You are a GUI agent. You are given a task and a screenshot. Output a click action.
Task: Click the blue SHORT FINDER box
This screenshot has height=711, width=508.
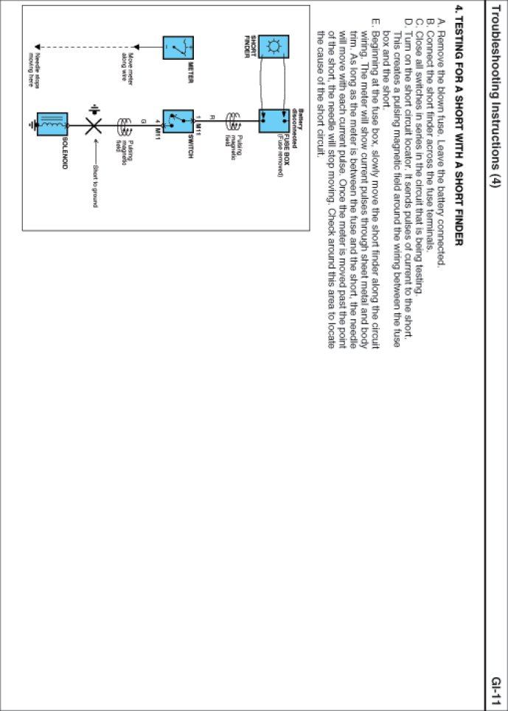274,46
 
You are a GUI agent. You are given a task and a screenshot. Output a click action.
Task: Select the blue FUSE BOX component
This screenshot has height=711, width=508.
274,118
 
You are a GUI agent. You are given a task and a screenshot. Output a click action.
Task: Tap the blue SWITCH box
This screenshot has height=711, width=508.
178,118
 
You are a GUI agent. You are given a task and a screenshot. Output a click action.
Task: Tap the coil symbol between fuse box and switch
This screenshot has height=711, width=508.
234,117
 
